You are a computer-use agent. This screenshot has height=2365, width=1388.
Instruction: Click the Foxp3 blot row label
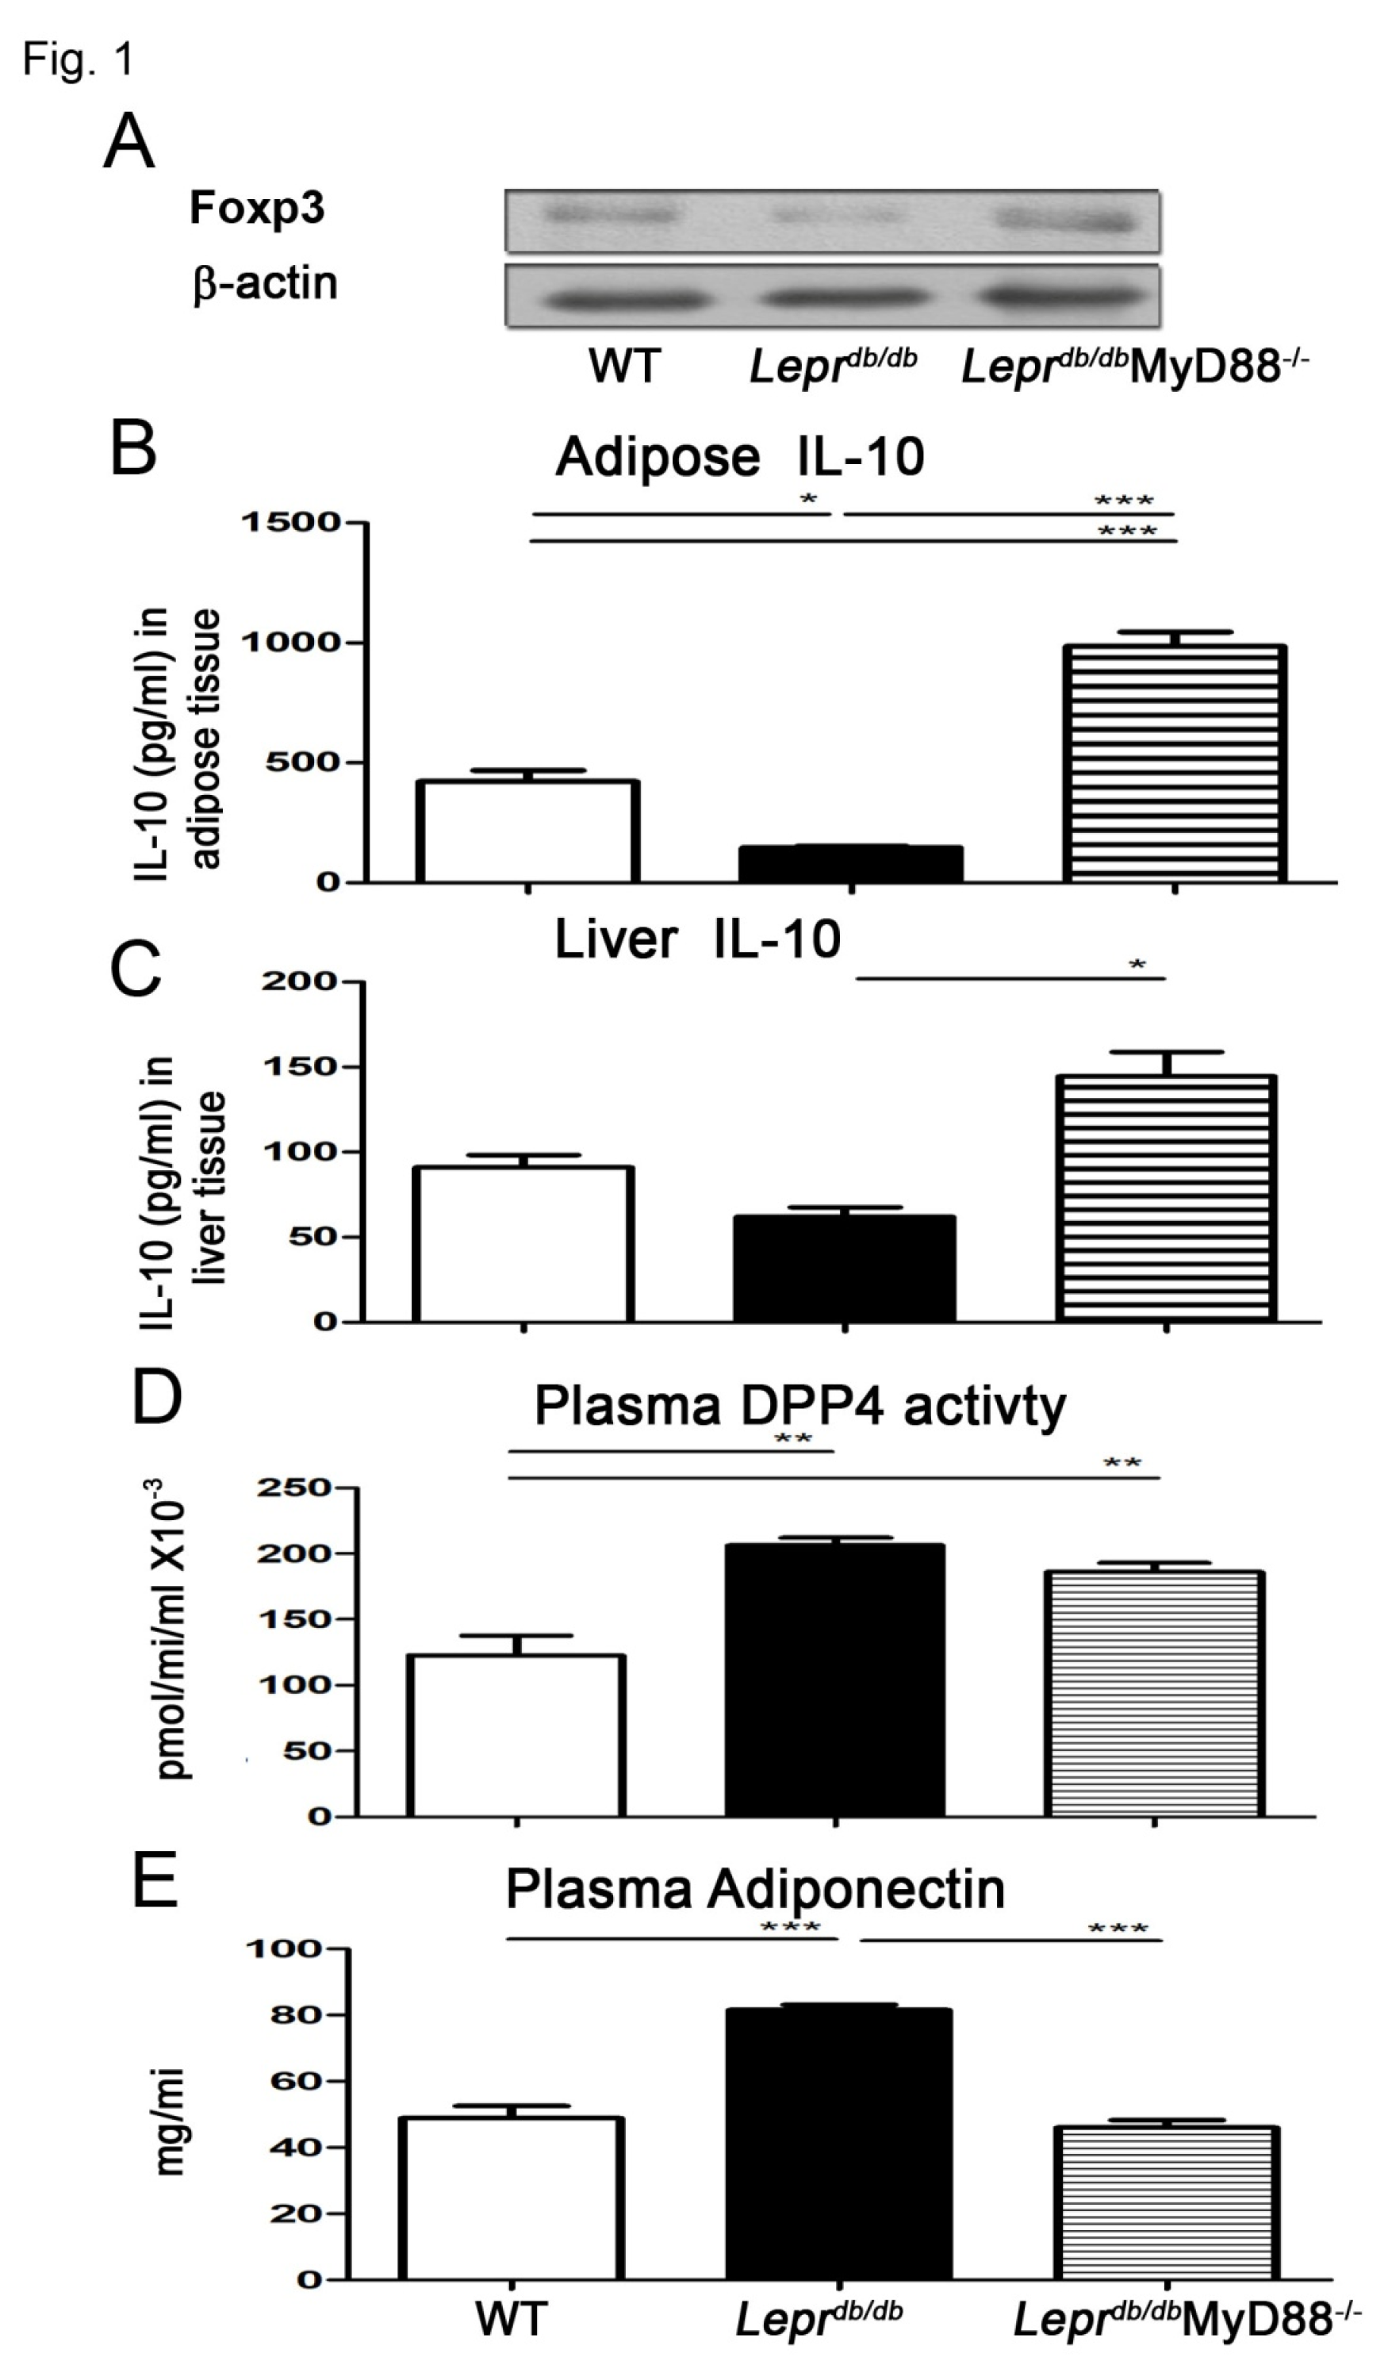[256, 209]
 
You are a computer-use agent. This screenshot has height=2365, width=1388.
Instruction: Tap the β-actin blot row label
[265, 283]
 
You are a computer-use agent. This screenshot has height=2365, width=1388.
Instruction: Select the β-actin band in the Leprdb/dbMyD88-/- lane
[1066, 299]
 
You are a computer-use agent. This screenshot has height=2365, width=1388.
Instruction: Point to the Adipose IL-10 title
[739, 458]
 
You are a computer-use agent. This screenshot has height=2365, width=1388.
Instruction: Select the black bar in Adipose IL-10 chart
[850, 863]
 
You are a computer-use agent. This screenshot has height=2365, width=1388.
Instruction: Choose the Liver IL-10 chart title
[697, 939]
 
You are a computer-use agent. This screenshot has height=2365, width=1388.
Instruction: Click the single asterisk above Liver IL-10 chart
[1137, 966]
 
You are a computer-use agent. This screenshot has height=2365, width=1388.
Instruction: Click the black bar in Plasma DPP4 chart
[834, 1679]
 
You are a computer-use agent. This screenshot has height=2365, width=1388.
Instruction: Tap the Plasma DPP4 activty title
[799, 1406]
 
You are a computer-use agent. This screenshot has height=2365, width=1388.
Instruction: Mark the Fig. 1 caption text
[79, 60]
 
